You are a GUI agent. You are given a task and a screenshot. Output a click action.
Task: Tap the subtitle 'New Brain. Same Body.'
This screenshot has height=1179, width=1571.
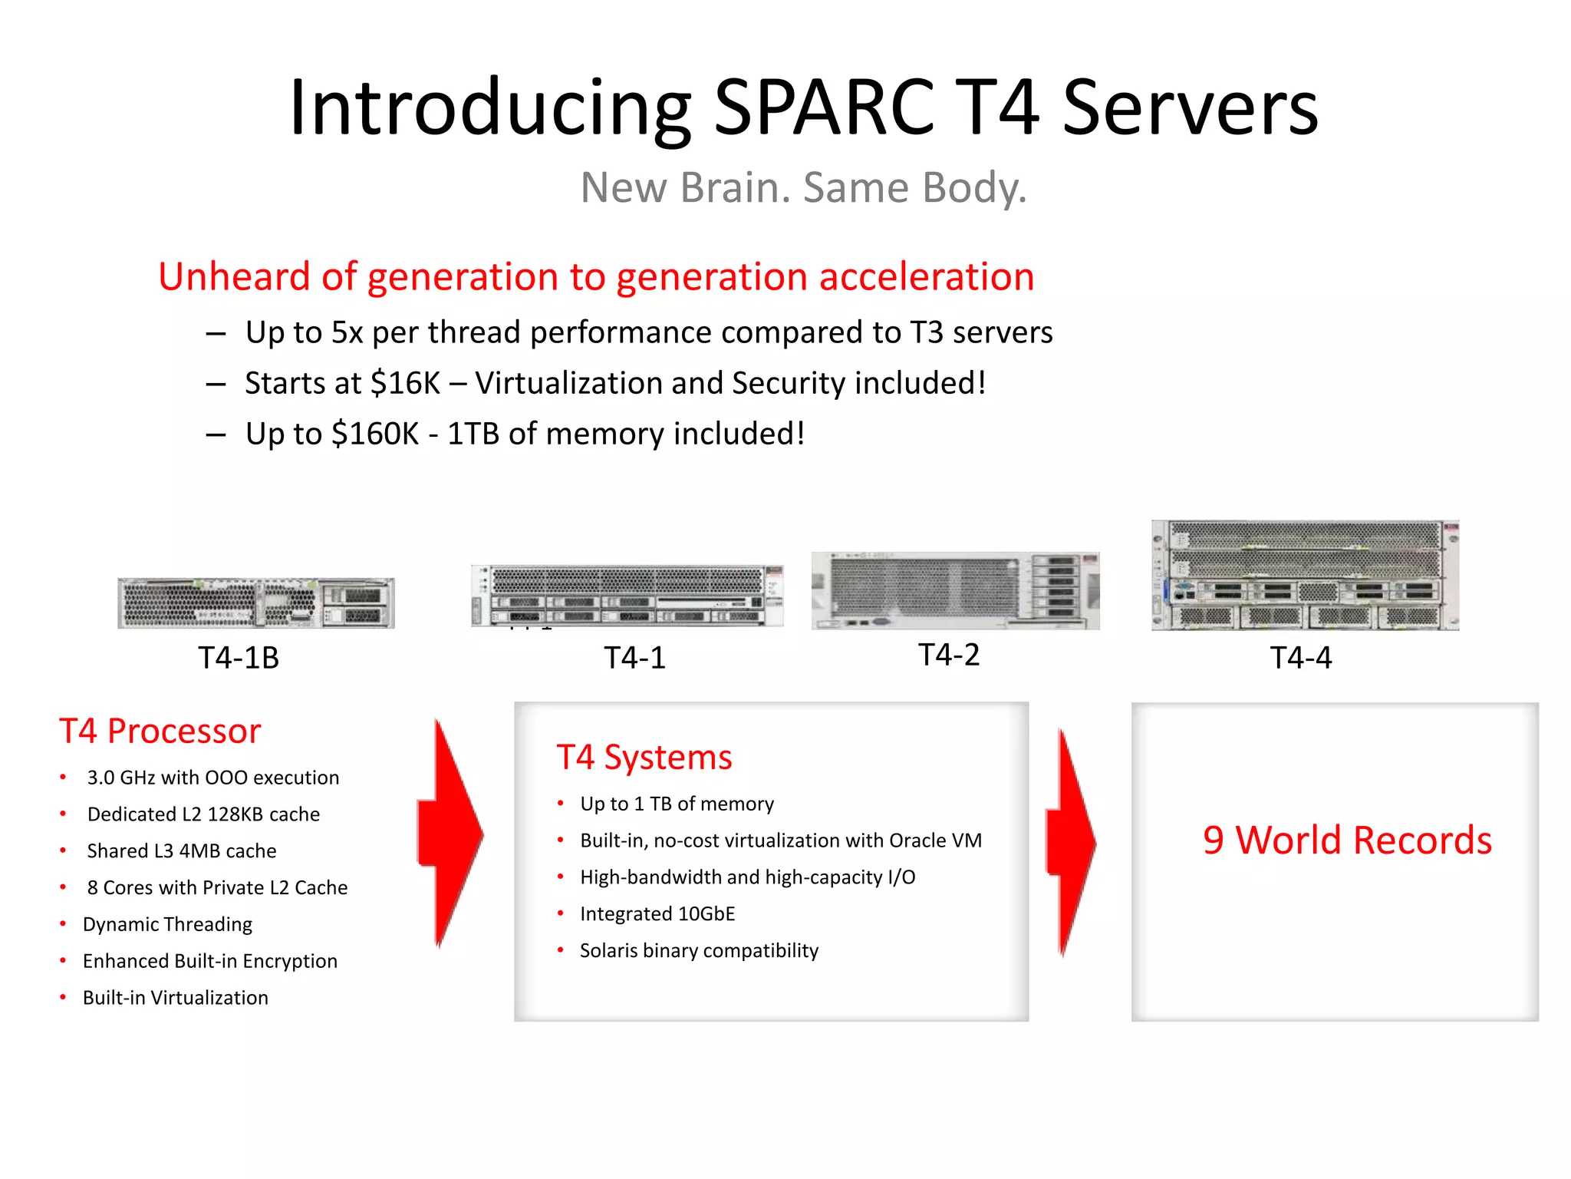point(803,188)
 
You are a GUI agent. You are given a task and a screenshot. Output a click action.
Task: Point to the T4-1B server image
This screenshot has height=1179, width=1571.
point(256,603)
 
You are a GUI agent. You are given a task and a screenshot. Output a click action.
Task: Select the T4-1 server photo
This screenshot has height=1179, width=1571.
point(627,596)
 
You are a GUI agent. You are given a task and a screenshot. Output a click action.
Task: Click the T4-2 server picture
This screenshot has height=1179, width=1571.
point(955,590)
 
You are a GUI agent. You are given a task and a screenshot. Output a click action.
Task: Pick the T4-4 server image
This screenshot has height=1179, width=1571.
point(1305,576)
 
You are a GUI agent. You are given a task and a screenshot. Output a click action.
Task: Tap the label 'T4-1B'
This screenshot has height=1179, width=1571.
point(239,659)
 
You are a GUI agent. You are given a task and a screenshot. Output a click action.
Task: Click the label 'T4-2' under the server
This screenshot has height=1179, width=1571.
point(949,656)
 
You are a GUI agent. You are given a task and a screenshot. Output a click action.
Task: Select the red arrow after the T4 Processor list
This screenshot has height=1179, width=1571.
point(451,834)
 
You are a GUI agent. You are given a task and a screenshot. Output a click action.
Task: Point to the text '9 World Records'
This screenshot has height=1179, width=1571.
point(1347,840)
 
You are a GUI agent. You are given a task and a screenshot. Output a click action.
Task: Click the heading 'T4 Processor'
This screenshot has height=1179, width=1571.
point(160,732)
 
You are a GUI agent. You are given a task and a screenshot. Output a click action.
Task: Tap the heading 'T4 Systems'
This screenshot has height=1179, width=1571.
point(644,758)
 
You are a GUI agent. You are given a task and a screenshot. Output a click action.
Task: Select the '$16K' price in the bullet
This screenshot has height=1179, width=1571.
point(405,383)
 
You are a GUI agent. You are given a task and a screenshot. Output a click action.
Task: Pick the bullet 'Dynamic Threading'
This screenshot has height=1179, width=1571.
point(167,924)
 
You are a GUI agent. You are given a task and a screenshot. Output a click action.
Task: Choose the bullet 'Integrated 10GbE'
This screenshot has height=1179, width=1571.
point(657,914)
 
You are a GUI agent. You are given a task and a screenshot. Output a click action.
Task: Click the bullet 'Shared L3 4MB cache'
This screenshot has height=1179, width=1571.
point(182,851)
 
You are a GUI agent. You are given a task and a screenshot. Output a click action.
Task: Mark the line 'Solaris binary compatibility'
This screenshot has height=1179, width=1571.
point(699,951)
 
